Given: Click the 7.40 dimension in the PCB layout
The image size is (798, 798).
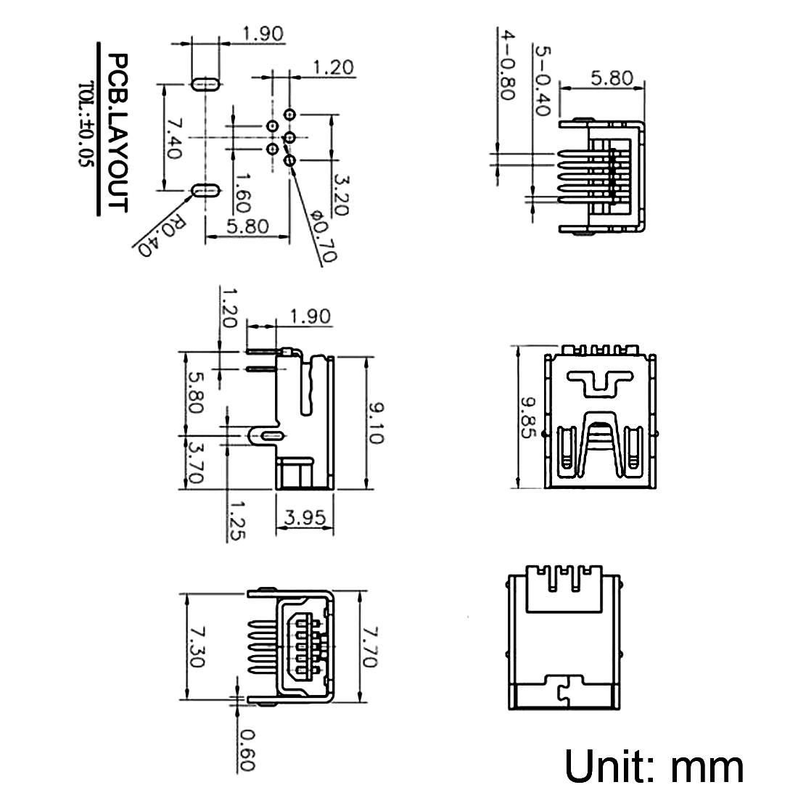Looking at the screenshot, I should coord(173,139).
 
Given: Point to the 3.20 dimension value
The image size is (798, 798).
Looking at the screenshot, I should coord(340,194).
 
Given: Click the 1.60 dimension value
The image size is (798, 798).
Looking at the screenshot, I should coord(242,191).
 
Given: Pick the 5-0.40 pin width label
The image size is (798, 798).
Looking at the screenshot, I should coord(542,80).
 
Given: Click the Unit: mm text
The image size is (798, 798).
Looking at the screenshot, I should coord(654,766).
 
